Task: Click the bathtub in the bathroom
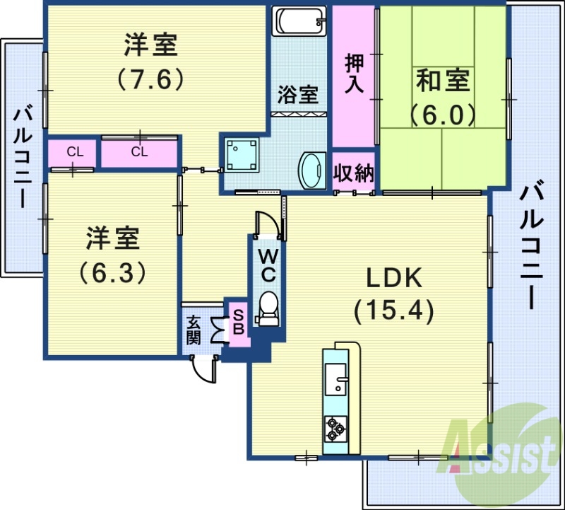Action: (x=300, y=21)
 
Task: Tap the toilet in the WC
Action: (x=268, y=306)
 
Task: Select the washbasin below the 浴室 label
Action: (x=311, y=171)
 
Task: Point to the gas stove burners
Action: (x=334, y=427)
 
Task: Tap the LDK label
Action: (x=393, y=279)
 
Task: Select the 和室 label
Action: (x=443, y=81)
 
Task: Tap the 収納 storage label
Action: (x=354, y=173)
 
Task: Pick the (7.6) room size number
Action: (x=150, y=77)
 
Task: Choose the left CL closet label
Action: (x=73, y=151)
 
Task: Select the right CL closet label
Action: (x=139, y=151)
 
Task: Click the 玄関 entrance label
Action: (x=194, y=330)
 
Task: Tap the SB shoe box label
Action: (x=239, y=322)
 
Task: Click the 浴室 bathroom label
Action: (x=297, y=94)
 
